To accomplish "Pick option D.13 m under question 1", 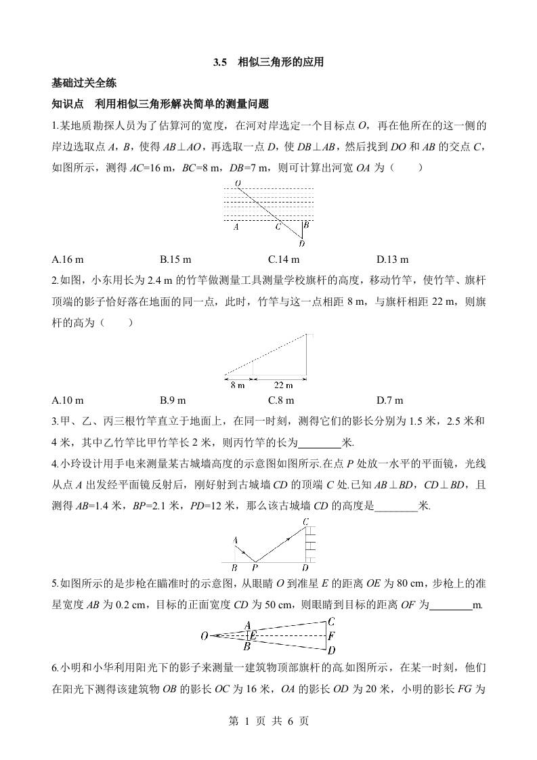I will pos(393,259).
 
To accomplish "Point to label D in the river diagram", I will pos(301,244).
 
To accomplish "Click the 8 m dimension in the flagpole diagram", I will pos(237,385).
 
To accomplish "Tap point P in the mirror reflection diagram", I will pos(255,568).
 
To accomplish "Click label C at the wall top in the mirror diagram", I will pos(306,521).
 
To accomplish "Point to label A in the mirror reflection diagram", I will pos(235,540).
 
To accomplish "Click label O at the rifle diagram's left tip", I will pos(204,635).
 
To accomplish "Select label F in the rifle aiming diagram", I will pos(330,636).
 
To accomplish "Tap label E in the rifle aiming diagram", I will pos(253,635).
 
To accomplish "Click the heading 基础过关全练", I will pos(84,83).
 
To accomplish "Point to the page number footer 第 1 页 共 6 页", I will pos(268,721).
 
